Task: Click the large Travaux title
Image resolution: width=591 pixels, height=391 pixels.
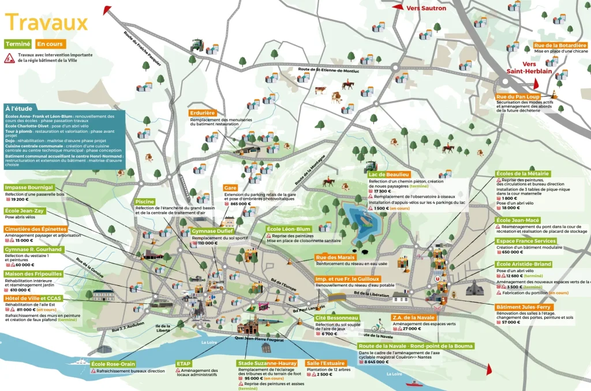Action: point(46,23)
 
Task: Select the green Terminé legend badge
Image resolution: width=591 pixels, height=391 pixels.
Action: point(17,44)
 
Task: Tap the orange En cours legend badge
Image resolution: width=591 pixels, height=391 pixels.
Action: point(51,44)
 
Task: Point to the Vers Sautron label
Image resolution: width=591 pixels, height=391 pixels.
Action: point(426,8)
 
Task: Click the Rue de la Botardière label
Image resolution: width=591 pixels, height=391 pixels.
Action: point(560,45)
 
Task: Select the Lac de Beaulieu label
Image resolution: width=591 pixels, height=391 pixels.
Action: point(389,174)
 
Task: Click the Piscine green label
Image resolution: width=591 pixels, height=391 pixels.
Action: point(145,202)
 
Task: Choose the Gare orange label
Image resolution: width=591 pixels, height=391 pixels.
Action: point(231,188)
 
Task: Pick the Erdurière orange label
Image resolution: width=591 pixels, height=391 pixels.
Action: point(202,113)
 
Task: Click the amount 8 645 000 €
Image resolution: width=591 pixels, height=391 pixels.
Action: point(377,362)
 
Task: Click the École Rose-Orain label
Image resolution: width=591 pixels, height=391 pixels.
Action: point(113,364)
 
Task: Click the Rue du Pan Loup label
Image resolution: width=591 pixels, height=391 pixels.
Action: point(518,97)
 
